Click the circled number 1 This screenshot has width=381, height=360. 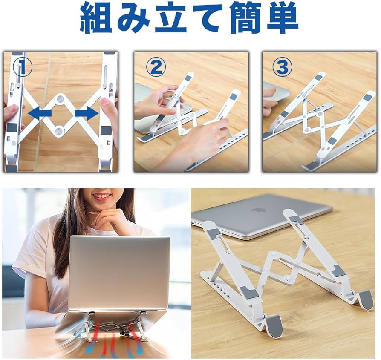coord(22,66)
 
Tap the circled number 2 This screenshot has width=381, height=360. coord(155,67)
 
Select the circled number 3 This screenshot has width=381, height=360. coord(283,67)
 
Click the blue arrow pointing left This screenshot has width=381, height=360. coord(40,113)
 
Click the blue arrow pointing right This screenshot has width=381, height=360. coord(86,113)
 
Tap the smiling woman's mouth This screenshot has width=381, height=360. coord(101,197)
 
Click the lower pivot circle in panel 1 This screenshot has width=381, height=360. coord(60,130)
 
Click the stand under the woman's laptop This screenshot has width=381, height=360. coord(112,326)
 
